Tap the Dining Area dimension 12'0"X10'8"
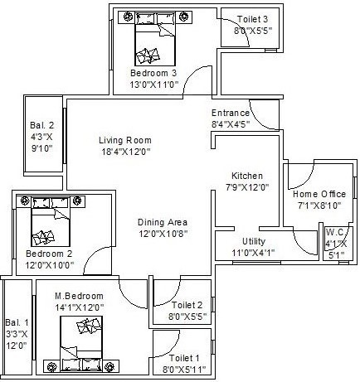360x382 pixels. [x=162, y=235]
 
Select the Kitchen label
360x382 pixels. [x=247, y=176]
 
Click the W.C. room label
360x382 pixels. [x=336, y=232]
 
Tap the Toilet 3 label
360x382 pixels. [x=252, y=18]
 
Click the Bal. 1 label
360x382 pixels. [x=17, y=322]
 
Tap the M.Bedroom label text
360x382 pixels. [x=79, y=296]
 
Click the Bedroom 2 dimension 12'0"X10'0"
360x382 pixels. [x=49, y=264]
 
